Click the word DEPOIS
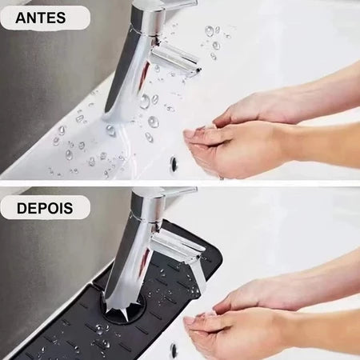click(46, 208)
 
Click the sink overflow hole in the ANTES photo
click(174, 163)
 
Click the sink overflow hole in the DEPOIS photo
click(174, 350)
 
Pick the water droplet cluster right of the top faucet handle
click(214, 36)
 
